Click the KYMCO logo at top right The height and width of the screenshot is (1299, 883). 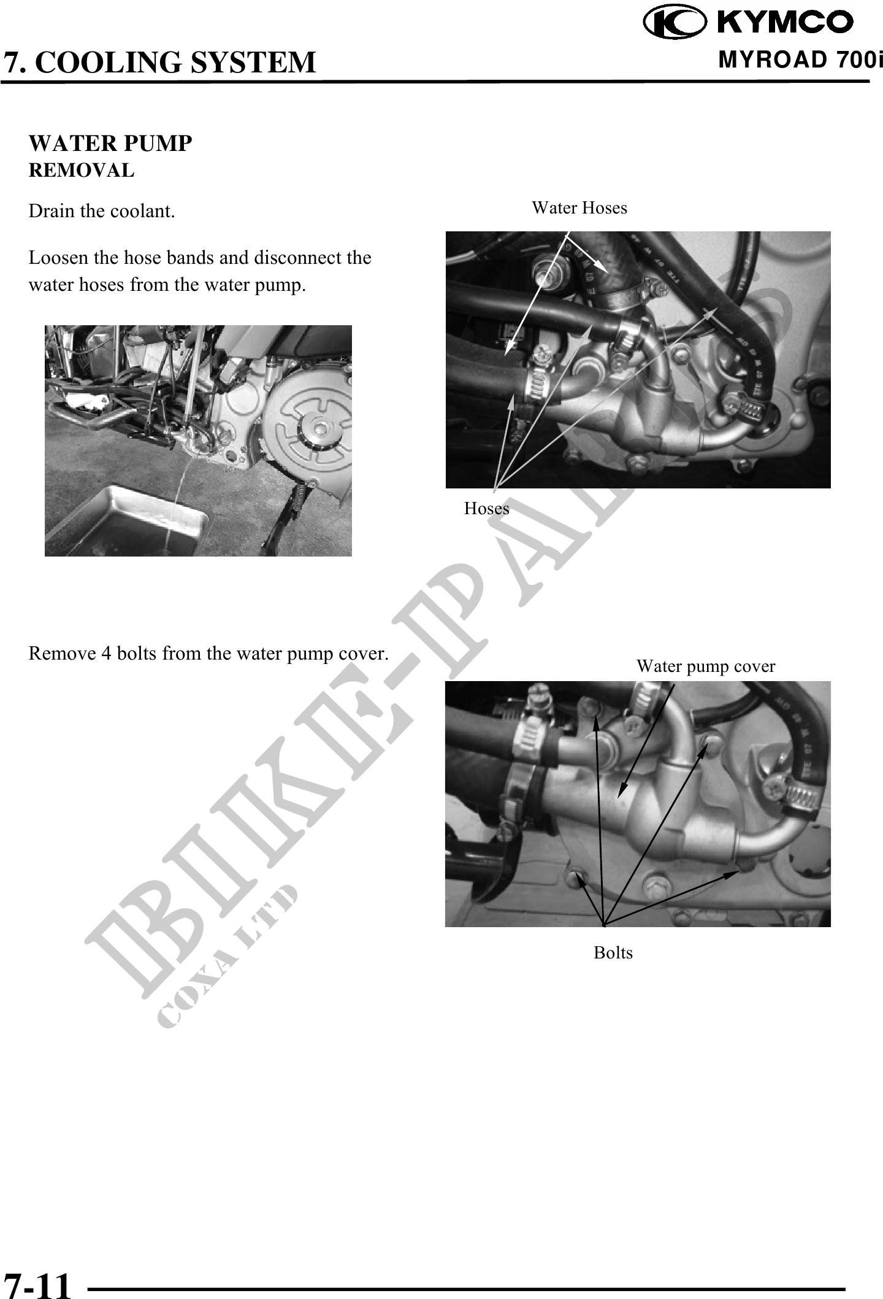click(x=748, y=22)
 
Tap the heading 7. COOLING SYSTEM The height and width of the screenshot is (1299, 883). click(x=159, y=63)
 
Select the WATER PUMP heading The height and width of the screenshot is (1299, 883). click(x=110, y=143)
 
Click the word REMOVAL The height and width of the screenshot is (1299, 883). click(x=82, y=170)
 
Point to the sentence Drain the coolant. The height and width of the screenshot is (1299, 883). click(x=102, y=211)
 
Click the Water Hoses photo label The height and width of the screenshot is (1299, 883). click(x=579, y=208)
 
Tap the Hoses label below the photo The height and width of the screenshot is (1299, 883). click(x=486, y=508)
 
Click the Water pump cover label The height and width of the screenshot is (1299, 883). click(x=706, y=666)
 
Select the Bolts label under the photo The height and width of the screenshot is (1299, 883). click(x=613, y=952)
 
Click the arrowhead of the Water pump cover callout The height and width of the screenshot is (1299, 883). click(x=621, y=793)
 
